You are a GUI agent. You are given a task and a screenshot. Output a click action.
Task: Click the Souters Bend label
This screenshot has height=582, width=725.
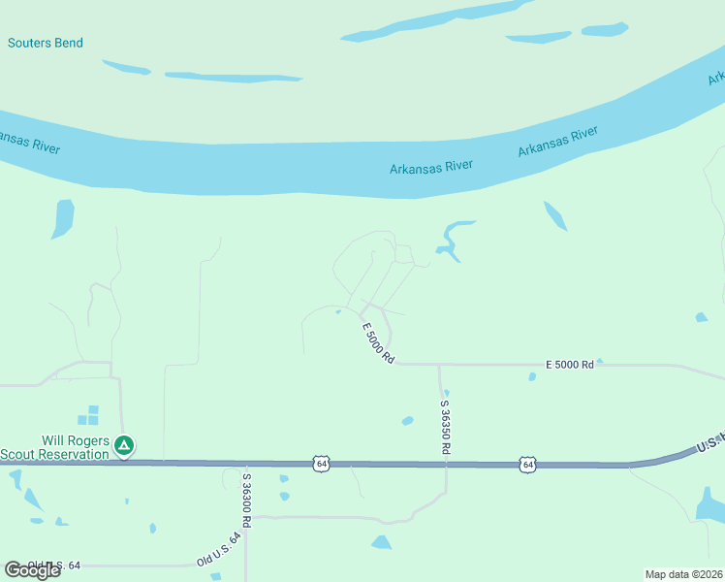click(46, 43)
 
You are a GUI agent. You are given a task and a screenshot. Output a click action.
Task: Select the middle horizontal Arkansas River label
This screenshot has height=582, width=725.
click(431, 167)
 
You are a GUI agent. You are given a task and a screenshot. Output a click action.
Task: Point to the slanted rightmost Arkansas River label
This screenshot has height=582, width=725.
click(557, 141)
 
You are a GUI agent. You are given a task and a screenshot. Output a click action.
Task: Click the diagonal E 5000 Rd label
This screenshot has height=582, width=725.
click(378, 342)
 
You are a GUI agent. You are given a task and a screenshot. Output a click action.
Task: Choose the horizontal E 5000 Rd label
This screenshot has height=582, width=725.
click(569, 364)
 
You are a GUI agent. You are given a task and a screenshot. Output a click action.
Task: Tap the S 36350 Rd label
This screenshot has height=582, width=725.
click(446, 427)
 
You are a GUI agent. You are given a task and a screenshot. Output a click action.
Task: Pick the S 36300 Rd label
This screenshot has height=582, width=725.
click(247, 500)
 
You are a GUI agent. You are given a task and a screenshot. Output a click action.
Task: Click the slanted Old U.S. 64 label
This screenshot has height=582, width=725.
click(218, 549)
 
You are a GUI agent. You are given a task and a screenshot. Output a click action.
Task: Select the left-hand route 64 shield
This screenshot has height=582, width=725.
click(321, 464)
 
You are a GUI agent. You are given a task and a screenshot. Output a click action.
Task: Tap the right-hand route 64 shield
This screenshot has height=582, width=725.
click(527, 465)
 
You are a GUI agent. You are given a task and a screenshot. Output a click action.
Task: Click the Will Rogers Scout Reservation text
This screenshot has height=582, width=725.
click(53, 446)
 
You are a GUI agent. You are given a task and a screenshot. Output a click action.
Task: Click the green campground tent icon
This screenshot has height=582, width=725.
click(124, 446)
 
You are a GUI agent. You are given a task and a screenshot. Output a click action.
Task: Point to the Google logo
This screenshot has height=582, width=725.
click(32, 570)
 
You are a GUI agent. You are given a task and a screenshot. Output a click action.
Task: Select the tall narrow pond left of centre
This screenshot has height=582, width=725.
click(63, 218)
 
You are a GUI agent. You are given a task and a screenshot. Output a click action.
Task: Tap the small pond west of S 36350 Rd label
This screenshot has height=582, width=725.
click(408, 421)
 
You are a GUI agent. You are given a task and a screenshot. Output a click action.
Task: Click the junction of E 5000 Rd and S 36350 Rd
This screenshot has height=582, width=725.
click(439, 365)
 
